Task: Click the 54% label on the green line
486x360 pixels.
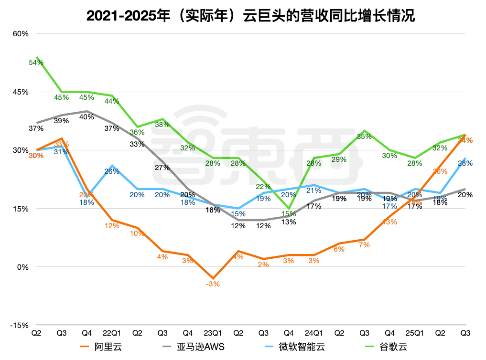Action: [36, 63]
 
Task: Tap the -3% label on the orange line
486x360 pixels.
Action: [213, 284]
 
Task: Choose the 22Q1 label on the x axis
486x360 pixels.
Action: [111, 332]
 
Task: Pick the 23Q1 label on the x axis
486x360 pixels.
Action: [213, 332]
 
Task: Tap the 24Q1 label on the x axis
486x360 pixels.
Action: [313, 332]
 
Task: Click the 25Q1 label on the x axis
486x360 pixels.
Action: [414, 332]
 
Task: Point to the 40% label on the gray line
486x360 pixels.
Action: [87, 117]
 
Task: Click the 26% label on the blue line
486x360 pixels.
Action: [112, 171]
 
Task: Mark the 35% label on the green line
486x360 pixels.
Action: [364, 137]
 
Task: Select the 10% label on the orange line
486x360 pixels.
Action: [137, 233]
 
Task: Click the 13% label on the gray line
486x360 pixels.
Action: [289, 222]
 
